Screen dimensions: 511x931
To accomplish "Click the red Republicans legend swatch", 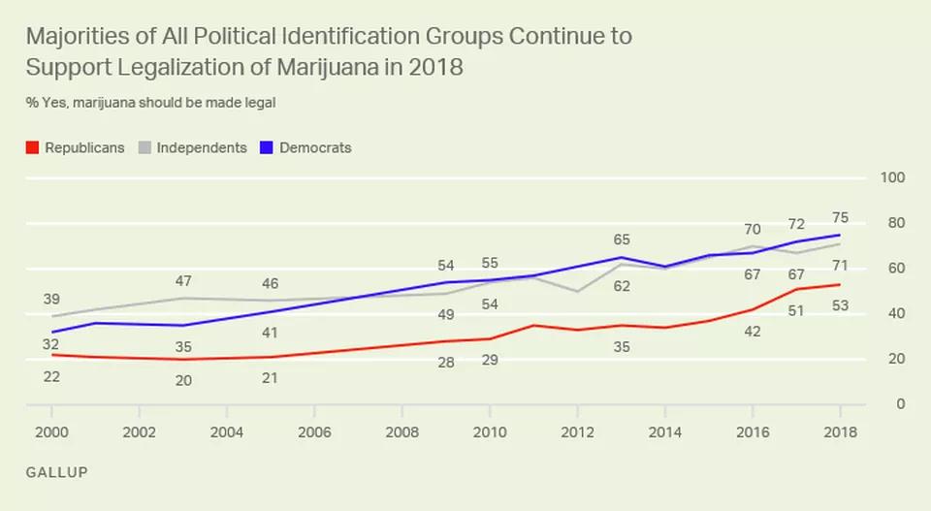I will pos(32,148).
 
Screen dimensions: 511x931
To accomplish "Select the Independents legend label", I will pos(202,148).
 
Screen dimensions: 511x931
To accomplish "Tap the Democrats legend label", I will pos(315,148).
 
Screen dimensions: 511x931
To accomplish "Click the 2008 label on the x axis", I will pos(401,431).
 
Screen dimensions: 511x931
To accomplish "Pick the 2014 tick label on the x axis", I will pos(664,431).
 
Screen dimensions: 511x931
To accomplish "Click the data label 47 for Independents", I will pos(182,281).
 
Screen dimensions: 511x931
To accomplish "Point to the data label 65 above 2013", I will pos(622,239).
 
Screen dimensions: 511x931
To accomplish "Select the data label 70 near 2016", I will pos(753,230).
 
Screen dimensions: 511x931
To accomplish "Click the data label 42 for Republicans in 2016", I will pos(753,332).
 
